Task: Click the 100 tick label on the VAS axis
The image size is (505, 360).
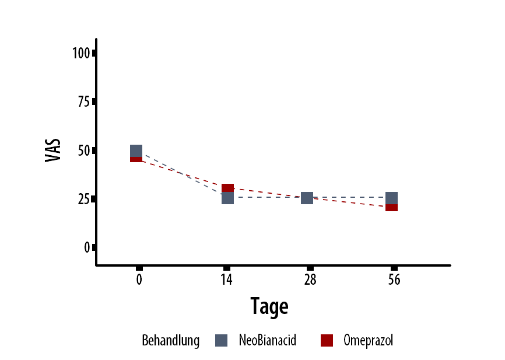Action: tap(81, 53)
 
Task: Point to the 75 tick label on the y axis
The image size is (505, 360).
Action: tap(83, 102)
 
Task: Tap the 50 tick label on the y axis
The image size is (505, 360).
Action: tap(83, 151)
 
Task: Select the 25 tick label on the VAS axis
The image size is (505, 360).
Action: tap(83, 199)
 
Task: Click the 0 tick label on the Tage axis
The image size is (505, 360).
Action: tap(139, 279)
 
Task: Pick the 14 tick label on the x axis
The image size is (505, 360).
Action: tap(227, 279)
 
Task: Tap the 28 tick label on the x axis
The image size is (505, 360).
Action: tap(310, 279)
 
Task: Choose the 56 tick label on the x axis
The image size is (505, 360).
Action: tap(394, 279)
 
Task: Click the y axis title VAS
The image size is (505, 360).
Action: tap(54, 150)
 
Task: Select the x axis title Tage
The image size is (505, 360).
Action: tap(269, 306)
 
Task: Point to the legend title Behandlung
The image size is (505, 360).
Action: tap(170, 341)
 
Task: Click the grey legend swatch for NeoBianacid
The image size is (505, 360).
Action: tap(221, 341)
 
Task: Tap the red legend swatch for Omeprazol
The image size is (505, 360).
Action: tap(327, 341)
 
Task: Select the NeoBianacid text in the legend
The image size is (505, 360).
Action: tap(267, 341)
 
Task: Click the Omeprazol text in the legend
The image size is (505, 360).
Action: tap(368, 341)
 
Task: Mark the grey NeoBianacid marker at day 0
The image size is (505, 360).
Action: tap(136, 151)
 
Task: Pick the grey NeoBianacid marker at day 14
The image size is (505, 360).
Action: tap(228, 198)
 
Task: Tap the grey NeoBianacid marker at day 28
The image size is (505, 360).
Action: tap(307, 198)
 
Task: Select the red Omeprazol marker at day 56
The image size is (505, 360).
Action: tap(392, 207)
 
